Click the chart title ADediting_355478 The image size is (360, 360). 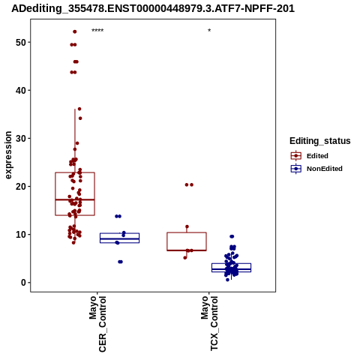coord(153,9)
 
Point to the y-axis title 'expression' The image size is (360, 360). coord(8,155)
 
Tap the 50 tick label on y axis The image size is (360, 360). coord(21,43)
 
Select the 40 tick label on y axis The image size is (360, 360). coord(21,91)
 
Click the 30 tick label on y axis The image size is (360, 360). coord(21,139)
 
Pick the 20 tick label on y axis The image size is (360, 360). coord(21,187)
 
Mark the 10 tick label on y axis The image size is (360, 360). coord(21,235)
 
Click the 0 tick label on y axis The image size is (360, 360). coord(23,283)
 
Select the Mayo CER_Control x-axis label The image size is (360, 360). coord(97,324)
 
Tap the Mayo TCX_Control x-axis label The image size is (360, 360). coord(209,323)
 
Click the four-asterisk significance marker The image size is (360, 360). coord(97,31)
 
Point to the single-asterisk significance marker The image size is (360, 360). coord(209,31)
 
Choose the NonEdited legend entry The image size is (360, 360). coord(316,169)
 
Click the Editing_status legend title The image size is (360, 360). coord(320,141)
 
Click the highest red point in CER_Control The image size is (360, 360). coord(74,31)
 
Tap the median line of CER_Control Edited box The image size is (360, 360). coord(75,199)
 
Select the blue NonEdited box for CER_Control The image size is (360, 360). coord(119,238)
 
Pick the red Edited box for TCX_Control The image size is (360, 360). coord(187,241)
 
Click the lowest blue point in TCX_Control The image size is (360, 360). coord(227,280)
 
